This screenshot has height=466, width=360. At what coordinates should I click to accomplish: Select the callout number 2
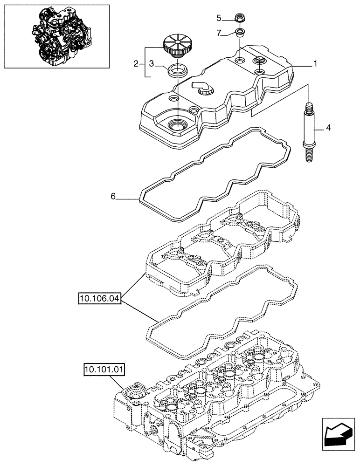[x=136, y=64]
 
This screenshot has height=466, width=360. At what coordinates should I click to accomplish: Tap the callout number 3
[x=151, y=64]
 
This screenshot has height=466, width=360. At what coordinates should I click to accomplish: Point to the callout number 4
[x=328, y=127]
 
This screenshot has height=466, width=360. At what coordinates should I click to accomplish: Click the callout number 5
[x=219, y=18]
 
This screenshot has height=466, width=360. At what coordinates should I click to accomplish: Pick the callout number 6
[x=113, y=197]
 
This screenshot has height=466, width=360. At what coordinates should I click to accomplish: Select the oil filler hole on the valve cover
[x=177, y=124]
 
